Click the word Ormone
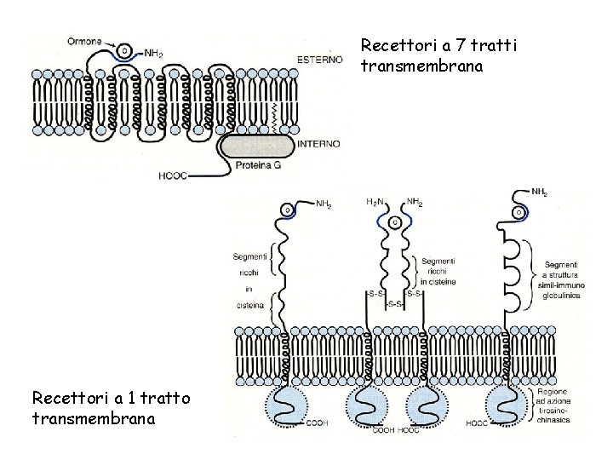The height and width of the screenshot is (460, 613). (85, 40)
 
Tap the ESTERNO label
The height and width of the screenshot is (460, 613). (319, 59)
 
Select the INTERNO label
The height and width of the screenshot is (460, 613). (318, 144)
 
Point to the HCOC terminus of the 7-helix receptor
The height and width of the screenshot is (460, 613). (171, 176)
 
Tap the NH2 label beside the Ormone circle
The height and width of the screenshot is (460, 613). (153, 53)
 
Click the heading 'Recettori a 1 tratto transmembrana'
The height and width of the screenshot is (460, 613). (112, 407)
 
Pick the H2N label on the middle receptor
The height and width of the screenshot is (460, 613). (375, 202)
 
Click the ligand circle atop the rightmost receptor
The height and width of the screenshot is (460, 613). (518, 211)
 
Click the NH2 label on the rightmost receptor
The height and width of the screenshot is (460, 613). (540, 193)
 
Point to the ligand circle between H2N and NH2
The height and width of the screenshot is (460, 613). (394, 222)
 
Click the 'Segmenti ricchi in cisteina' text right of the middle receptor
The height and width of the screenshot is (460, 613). (438, 270)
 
